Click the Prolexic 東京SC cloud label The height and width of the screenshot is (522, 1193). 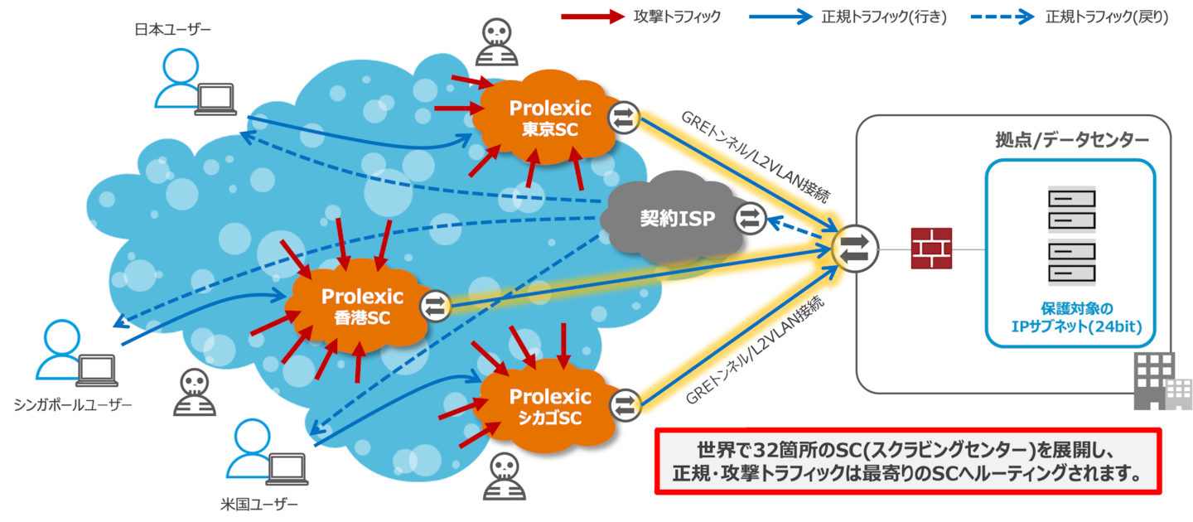550,118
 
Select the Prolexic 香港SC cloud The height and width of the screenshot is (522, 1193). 362,306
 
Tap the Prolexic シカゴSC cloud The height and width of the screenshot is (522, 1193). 550,407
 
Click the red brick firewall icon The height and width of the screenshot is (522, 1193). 931,249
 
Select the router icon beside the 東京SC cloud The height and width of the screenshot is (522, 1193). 622,118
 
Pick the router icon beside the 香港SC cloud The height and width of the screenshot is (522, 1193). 434,306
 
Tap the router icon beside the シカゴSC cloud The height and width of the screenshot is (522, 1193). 623,404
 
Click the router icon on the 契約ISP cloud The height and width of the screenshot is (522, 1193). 749,218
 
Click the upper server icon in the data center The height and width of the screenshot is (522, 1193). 1071,208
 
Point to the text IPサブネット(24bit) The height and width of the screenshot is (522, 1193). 1070,326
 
